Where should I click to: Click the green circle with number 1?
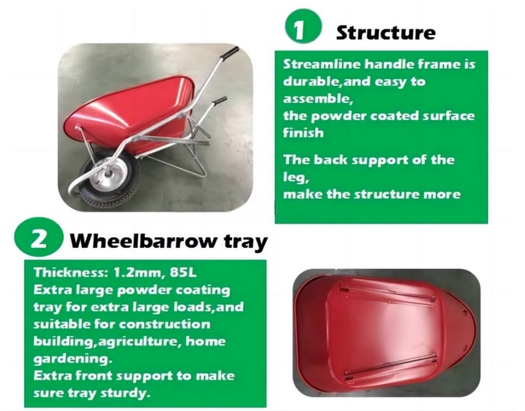[x=303, y=26]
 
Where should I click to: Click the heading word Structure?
[x=386, y=33]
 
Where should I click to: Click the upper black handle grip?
[x=231, y=52]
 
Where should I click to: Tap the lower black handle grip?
[x=219, y=100]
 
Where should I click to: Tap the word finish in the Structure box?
[x=303, y=133]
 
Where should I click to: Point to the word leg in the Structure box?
[x=296, y=178]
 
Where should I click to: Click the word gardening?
[x=71, y=359]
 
